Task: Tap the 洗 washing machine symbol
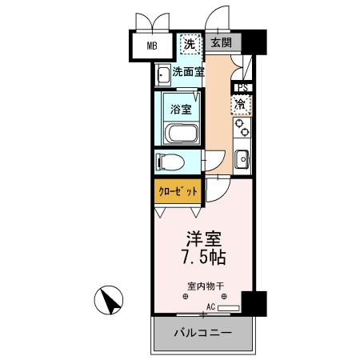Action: coord(189,45)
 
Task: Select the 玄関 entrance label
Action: coord(222,44)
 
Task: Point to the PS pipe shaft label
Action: coord(240,88)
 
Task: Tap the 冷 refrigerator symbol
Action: coord(240,103)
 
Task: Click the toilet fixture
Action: coord(170,162)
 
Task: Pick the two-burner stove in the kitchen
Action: coord(241,126)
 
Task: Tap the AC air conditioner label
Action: coord(211,307)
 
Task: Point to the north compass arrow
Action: coord(110,302)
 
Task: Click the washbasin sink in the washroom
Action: coord(163,74)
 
